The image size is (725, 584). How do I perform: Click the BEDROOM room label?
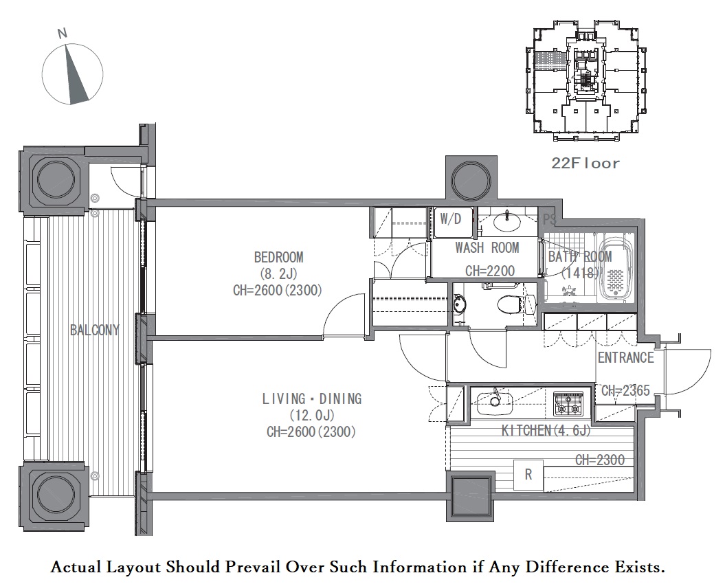[279, 257]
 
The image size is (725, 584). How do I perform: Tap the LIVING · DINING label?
[311, 398]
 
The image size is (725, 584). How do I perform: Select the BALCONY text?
[95, 330]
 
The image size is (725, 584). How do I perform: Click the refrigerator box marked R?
[528, 474]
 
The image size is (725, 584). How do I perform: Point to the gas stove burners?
[568, 403]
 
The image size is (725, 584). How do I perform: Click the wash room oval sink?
[507, 222]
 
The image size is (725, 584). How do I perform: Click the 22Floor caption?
[585, 164]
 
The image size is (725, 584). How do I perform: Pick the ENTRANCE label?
[625, 357]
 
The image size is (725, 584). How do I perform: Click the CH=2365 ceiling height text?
[625, 391]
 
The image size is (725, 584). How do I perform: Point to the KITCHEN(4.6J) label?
[546, 431]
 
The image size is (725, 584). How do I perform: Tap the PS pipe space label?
[549, 219]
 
